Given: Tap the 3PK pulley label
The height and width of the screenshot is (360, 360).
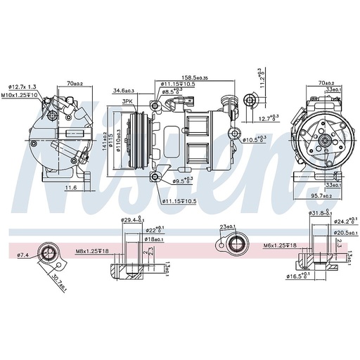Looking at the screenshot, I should click(127, 102).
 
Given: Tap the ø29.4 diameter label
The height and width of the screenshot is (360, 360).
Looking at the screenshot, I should click(132, 220).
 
